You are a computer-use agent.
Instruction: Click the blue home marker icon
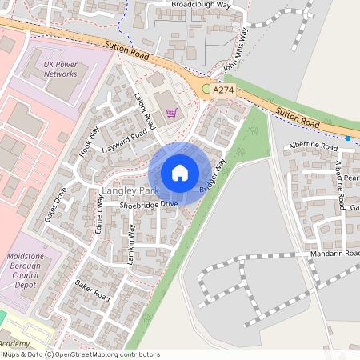[180, 173]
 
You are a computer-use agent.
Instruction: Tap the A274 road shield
[224, 92]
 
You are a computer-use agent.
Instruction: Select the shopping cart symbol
[171, 113]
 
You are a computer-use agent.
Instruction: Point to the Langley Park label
[126, 192]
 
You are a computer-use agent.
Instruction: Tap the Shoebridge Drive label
[149, 205]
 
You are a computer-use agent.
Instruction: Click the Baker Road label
[92, 288]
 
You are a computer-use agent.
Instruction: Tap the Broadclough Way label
[201, 4]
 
